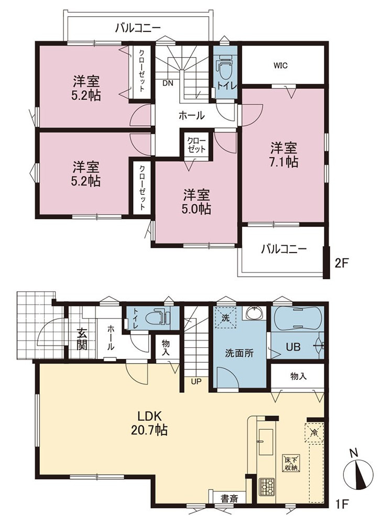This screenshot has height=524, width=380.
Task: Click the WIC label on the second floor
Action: coord(280,66)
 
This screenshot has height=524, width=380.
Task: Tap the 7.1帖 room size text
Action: coord(284,162)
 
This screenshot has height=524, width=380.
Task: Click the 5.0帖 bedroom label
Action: coord(197,209)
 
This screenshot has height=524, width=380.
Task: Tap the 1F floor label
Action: coord(342,512)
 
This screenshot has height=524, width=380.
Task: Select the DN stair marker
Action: coord(168,83)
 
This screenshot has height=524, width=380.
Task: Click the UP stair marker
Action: coord(196,381)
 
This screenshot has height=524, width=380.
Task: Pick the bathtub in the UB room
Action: coord(297,319)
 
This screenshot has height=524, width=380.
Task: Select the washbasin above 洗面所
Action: coord(255,313)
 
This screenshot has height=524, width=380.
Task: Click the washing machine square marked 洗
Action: coord(225,318)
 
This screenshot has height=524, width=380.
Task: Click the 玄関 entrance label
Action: coord(82,339)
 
